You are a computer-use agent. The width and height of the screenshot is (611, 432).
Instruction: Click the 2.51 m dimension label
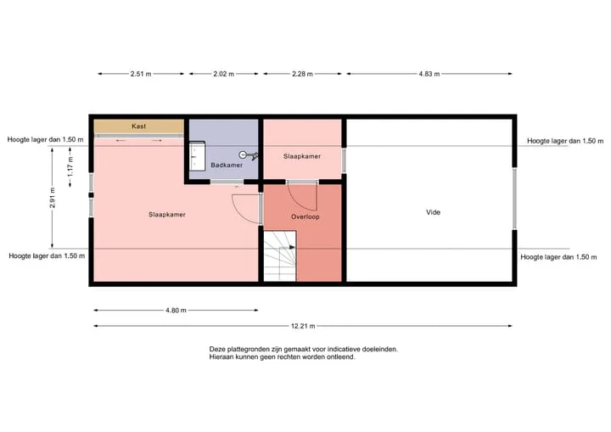click(141, 74)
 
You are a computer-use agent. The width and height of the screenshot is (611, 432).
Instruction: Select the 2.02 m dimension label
click(224, 74)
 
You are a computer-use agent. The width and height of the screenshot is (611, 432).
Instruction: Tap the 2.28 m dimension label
click(302, 74)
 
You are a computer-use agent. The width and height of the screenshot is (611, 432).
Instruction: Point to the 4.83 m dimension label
click(429, 74)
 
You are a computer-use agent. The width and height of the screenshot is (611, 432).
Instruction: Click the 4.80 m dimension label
click(176, 311)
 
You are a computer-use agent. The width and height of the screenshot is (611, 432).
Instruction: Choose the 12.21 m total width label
click(303, 326)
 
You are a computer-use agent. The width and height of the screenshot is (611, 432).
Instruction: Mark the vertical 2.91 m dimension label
click(53, 198)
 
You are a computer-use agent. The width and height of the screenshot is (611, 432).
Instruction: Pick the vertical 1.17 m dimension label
click(70, 166)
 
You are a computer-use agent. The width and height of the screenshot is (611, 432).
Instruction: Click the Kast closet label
click(138, 126)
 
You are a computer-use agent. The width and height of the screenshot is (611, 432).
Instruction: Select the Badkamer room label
click(227, 165)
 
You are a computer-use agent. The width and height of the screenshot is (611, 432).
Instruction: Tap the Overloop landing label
click(305, 216)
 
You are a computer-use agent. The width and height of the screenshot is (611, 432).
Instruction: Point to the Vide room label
click(433, 212)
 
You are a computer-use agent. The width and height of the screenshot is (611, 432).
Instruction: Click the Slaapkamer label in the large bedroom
click(167, 215)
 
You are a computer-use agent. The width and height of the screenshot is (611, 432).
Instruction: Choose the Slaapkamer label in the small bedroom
click(302, 156)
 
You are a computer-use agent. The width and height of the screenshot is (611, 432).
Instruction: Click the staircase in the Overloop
click(280, 256)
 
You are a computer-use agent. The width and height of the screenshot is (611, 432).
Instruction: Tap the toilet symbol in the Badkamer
click(248, 155)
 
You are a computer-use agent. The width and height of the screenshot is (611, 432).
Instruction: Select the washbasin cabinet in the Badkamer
click(197, 156)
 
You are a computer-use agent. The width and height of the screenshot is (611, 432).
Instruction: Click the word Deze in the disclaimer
click(217, 349)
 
